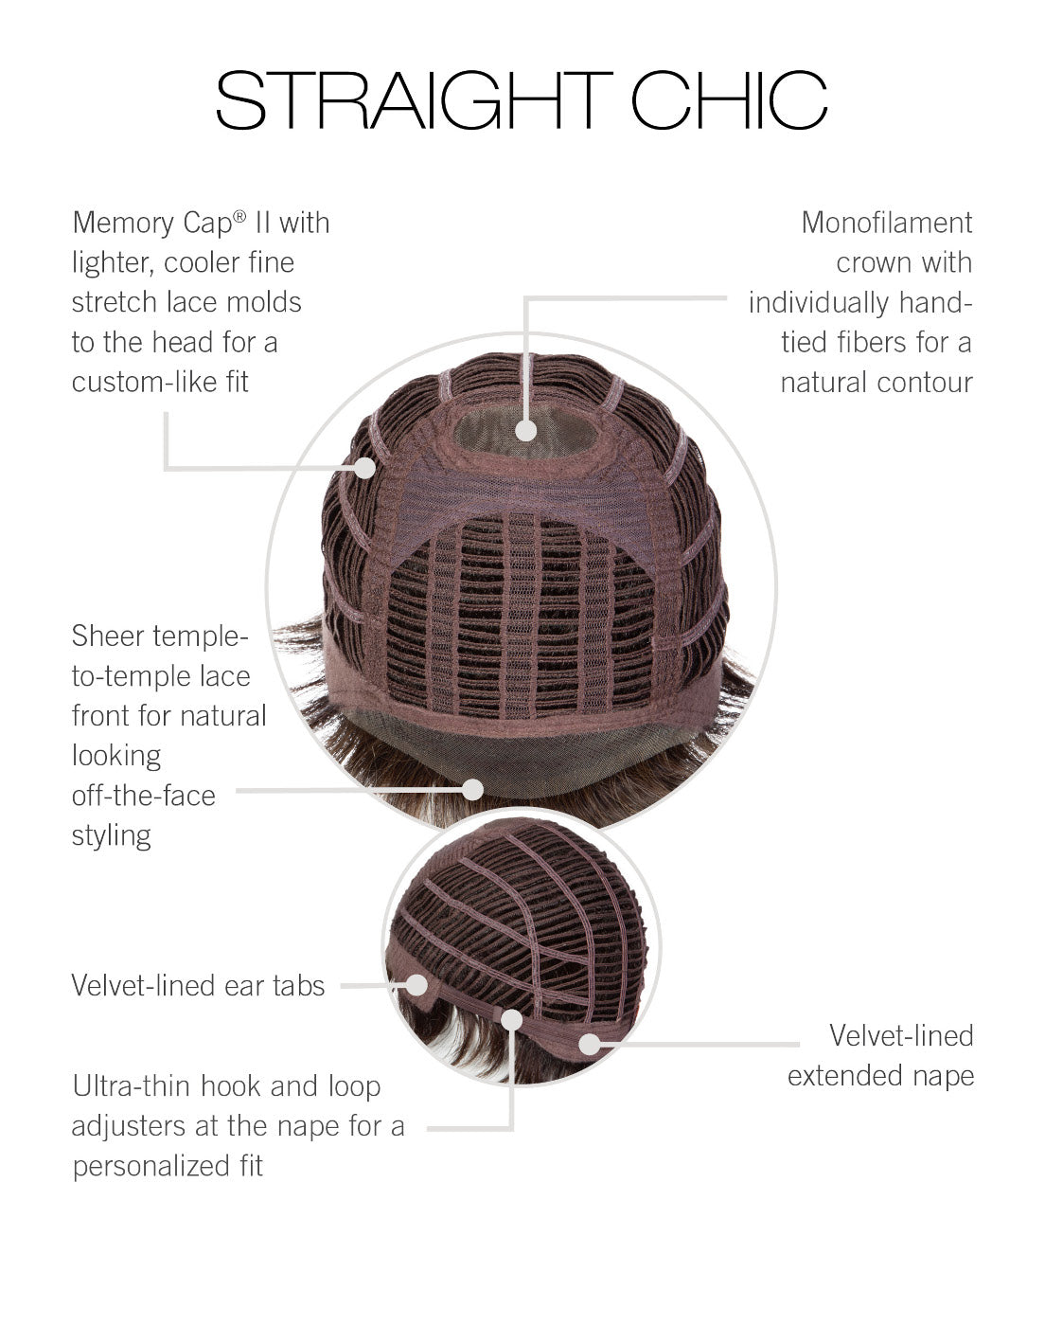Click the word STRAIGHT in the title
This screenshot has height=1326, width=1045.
click(415, 99)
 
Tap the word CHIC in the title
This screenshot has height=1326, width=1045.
click(729, 99)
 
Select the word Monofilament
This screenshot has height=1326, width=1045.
click(887, 223)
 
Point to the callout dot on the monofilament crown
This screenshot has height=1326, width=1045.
click(526, 430)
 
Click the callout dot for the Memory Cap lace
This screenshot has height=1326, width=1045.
click(365, 468)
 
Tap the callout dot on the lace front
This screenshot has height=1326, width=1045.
click(473, 789)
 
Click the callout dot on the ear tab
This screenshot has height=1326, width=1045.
click(416, 985)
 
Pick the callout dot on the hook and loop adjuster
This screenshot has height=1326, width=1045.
click(512, 1020)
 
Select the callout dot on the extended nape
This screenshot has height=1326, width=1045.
click(590, 1044)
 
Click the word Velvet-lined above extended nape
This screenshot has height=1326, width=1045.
click(901, 1035)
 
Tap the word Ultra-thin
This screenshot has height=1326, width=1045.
click(132, 1086)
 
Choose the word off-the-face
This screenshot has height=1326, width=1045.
click(144, 796)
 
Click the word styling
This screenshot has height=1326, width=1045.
click(112, 836)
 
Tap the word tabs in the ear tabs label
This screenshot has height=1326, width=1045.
click(299, 985)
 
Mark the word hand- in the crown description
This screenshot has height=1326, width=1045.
click(935, 302)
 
